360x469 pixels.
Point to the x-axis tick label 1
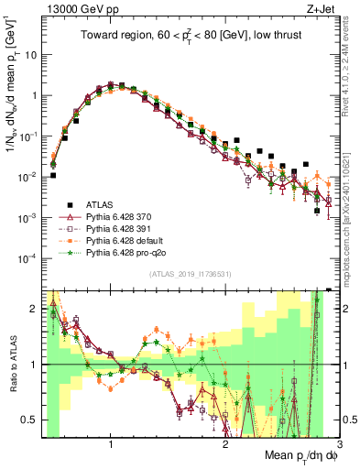(111, 445)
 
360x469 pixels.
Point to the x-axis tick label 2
(225, 445)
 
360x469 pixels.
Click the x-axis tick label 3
(339, 445)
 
